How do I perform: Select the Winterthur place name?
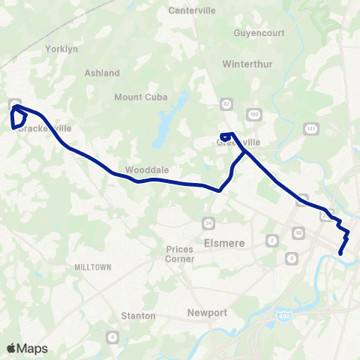click(244, 64)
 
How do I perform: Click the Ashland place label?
click(103, 73)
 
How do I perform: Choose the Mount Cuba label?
click(139, 97)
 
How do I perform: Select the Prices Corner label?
click(180, 254)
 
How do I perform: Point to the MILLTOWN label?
click(93, 267)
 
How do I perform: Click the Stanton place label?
click(139, 316)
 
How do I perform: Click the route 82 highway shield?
click(226, 103)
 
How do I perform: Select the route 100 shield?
click(255, 114)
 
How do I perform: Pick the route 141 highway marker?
click(310, 130)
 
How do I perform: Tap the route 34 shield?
click(208, 223)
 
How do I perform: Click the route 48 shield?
click(298, 233)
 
